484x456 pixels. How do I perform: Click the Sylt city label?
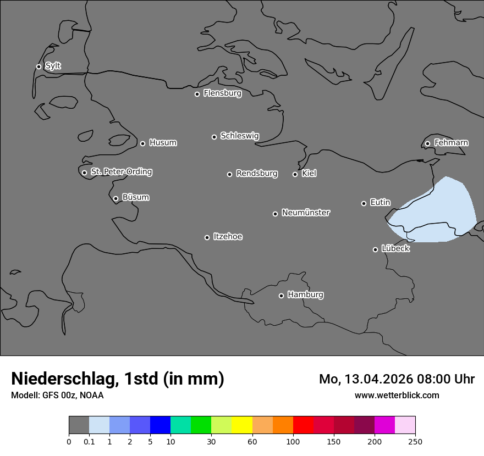coord(53,66)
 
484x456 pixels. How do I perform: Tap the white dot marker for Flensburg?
coord(197,94)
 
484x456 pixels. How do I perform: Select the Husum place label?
coord(163,143)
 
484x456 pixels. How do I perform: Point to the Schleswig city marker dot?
coord(215,137)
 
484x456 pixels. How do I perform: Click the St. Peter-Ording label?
coord(121,172)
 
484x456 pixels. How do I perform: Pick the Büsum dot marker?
coord(116,198)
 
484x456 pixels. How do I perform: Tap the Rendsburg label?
coord(256,174)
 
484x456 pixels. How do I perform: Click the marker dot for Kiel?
coord(295,174)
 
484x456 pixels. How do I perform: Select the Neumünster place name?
coord(305,213)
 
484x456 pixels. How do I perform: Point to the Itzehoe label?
coord(228,237)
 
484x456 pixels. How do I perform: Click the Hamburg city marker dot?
coord(281,296)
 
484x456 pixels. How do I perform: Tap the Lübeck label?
coord(395,249)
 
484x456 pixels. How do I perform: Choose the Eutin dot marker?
coord(364,203)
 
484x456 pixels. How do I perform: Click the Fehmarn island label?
coord(451,143)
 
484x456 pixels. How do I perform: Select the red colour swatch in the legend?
coord(303,425)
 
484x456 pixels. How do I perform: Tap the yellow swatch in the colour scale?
coord(242,425)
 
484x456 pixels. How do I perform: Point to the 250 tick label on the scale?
coord(415,441)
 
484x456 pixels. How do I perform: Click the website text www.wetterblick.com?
coord(397,396)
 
